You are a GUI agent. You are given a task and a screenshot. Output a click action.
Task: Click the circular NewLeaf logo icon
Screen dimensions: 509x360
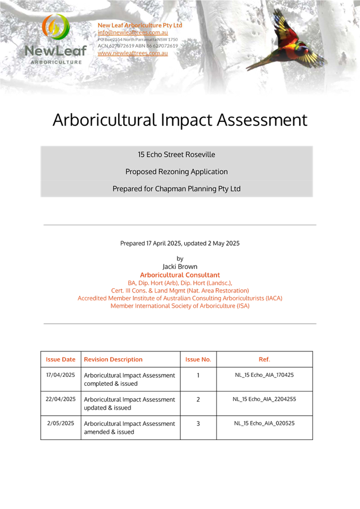click(55, 28)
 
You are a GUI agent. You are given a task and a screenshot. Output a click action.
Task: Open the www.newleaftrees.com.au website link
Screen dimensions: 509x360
click(133, 53)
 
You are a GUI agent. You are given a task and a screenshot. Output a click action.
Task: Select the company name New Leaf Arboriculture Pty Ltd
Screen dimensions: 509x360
click(140, 25)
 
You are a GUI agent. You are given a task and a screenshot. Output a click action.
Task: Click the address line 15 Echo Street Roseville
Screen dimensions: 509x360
click(176, 154)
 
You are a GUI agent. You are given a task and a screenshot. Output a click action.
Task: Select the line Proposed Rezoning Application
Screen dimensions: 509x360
click(176, 171)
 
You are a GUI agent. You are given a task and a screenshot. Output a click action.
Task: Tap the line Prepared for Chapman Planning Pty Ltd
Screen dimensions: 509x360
click(176, 188)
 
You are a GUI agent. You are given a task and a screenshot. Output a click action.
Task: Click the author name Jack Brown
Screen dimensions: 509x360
click(180, 267)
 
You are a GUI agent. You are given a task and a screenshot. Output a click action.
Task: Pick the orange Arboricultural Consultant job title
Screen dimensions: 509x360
click(180, 275)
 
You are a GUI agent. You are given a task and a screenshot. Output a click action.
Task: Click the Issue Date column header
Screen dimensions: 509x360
click(60, 359)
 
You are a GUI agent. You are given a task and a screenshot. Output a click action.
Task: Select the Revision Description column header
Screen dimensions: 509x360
click(113, 359)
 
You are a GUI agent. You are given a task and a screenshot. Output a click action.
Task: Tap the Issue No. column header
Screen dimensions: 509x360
click(198, 359)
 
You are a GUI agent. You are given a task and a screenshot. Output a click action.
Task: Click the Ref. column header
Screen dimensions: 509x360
click(264, 359)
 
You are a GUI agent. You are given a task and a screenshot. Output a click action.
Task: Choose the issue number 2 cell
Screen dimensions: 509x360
click(198, 399)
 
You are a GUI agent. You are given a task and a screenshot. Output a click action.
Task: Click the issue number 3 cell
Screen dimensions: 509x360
click(198, 423)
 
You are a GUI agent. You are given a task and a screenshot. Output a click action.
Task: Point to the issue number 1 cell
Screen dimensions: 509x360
click(198, 375)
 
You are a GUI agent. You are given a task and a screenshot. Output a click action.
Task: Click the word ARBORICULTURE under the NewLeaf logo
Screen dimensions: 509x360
click(55, 62)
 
